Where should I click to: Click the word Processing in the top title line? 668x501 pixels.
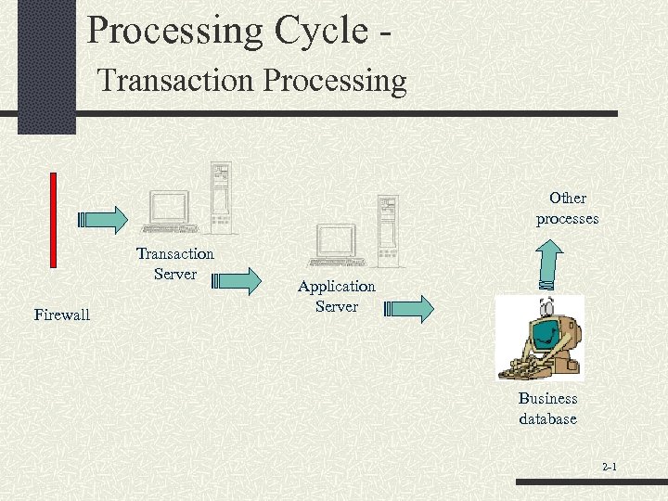click(x=175, y=31)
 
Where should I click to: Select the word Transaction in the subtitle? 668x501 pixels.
click(x=176, y=81)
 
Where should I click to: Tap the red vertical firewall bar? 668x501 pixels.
click(x=53, y=219)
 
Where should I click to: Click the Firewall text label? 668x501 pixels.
click(x=62, y=315)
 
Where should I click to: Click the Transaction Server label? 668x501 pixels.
click(x=175, y=263)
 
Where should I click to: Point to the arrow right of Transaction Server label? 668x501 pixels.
click(x=238, y=280)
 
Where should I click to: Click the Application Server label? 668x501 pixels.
click(x=337, y=296)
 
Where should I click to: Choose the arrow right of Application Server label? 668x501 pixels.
click(x=409, y=309)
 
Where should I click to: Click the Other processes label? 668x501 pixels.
click(x=567, y=209)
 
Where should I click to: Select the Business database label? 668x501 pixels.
click(x=547, y=408)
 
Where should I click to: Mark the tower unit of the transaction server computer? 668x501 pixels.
click(x=220, y=197)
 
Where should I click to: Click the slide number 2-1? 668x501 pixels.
click(x=609, y=468)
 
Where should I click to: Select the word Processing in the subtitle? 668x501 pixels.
click(x=335, y=81)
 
